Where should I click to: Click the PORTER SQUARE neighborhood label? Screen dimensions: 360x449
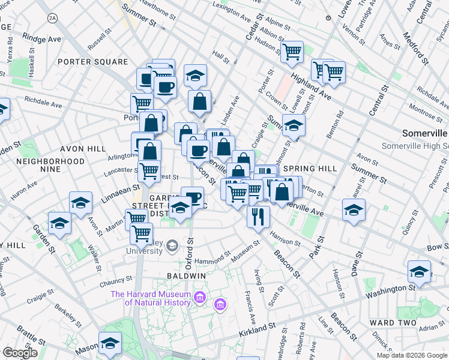coord(93,62)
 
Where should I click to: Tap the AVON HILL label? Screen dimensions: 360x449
coord(83,149)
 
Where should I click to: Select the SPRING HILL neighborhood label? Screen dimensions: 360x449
coord(310,169)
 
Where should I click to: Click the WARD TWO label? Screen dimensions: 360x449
coord(393,323)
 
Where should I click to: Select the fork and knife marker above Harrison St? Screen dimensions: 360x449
coord(258,216)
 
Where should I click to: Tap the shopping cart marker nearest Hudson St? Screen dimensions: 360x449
coord(292,52)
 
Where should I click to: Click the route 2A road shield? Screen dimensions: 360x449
coord(53,19)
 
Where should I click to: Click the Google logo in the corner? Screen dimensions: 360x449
coord(20,353)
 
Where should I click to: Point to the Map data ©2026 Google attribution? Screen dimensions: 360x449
coord(412,355)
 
